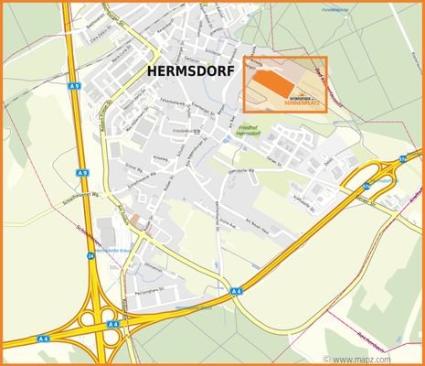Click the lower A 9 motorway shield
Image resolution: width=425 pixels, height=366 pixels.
pos(82,172)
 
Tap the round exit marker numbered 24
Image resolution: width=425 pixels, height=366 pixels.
pos(90,257)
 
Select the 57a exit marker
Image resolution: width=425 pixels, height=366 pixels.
pos(402,159)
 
